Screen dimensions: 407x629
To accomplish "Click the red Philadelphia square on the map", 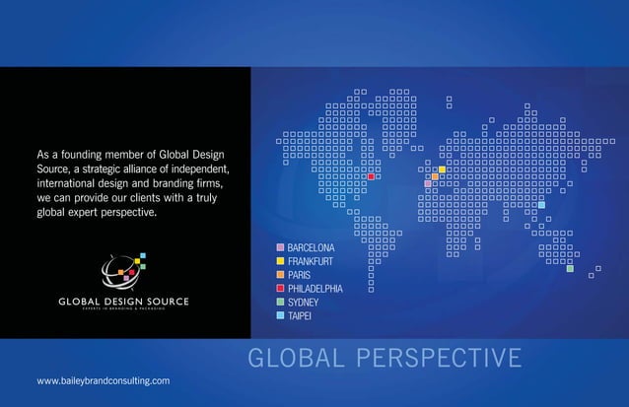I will coord(371,176).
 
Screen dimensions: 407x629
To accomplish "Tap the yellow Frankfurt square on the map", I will coord(442,170).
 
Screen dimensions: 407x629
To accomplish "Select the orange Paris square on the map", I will coord(435,176).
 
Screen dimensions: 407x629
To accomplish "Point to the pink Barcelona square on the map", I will coord(428,183).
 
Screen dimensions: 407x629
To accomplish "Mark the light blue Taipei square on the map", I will coord(541,204).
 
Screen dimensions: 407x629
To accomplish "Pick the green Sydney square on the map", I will coord(570,268).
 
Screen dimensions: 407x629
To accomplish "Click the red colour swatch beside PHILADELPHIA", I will coord(281,288).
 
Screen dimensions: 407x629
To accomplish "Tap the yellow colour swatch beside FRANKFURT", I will coord(281,260).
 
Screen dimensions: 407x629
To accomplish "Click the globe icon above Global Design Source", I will coord(122,269).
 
